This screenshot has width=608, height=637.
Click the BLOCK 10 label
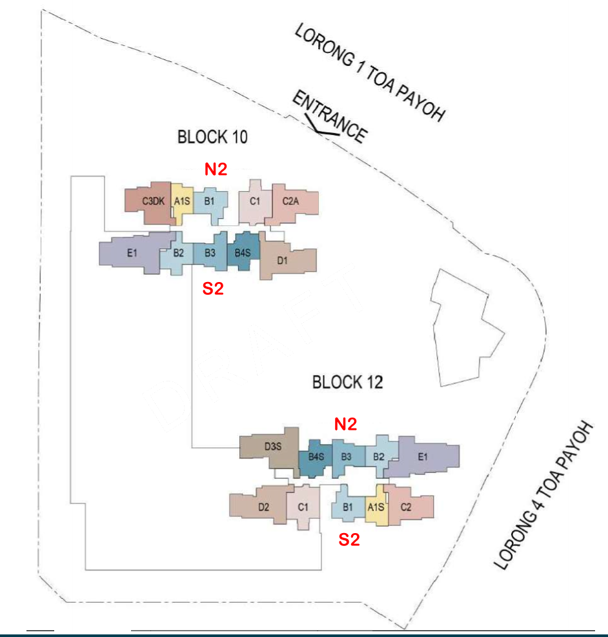(x=212, y=137)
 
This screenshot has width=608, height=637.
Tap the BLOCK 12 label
(x=347, y=382)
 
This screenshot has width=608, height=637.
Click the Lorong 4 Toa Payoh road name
(x=543, y=496)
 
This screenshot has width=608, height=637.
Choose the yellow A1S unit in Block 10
(x=183, y=201)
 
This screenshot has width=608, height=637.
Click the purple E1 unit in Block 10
(x=132, y=253)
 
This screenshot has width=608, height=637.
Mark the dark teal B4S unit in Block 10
(x=242, y=252)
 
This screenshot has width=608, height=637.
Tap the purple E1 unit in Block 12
(x=424, y=457)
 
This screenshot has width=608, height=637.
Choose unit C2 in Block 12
(x=406, y=507)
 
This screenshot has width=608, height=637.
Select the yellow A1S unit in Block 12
(x=376, y=507)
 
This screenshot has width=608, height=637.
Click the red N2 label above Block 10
(x=216, y=169)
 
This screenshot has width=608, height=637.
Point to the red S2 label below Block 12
(x=349, y=540)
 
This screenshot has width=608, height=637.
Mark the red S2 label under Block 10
(x=213, y=289)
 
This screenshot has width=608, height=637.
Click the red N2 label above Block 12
(x=345, y=424)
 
